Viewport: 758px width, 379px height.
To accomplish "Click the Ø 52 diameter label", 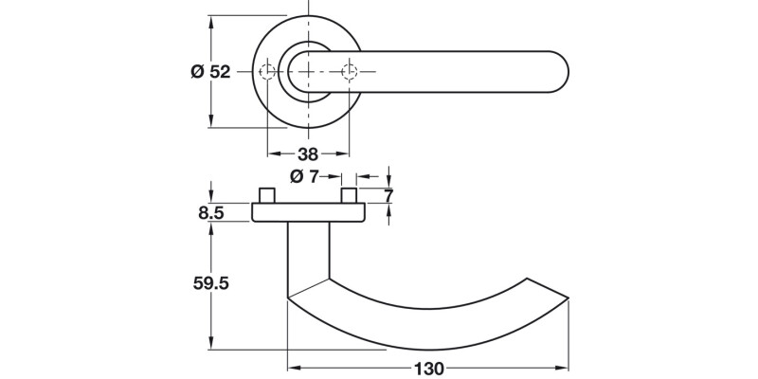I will point(210,72).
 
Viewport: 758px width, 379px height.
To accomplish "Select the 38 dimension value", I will point(308,153).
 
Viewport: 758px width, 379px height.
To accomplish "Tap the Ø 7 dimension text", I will point(304,176).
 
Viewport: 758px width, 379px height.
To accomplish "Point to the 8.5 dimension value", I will point(210,214).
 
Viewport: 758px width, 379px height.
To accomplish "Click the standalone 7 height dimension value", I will point(388,196).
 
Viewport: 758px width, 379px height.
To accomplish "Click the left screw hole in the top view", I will point(268,72).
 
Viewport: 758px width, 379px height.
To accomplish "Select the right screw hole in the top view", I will point(351,72).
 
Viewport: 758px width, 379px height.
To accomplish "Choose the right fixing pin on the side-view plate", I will point(351,196).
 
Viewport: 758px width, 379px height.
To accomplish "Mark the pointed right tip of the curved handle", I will point(568,298).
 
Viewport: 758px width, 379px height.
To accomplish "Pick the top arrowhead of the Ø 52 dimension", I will point(210,20).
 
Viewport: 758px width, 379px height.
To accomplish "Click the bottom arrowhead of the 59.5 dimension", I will point(210,346).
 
